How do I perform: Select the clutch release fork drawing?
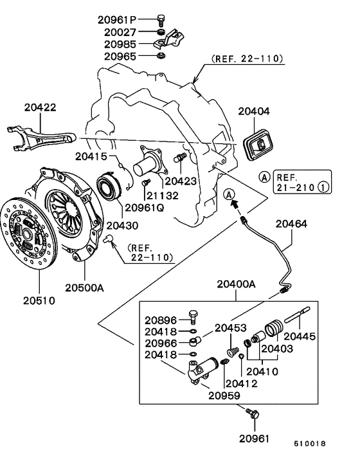click(41, 137)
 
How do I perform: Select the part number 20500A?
click(84, 288)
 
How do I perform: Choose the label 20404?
click(254, 111)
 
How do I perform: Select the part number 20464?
click(293, 224)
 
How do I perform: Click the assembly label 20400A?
click(236, 284)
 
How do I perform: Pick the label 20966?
click(160, 343)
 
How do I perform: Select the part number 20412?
click(242, 384)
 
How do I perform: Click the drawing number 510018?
click(310, 444)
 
